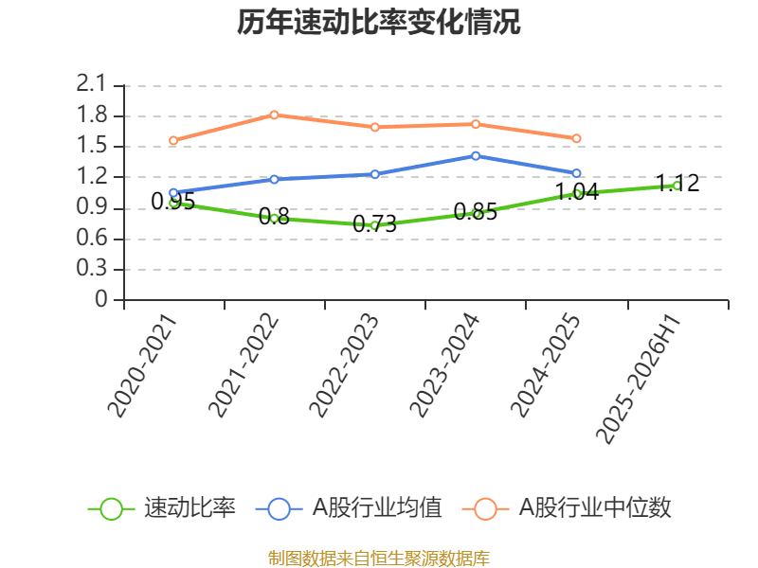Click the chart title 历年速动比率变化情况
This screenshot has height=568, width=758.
point(379,23)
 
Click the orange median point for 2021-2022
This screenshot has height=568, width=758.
point(274,115)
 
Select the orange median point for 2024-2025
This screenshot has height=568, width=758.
point(576,138)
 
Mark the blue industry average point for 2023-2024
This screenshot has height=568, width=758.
point(476,155)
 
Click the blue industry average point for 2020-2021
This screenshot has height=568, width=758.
point(173,192)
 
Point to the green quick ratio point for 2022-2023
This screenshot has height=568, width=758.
point(374,225)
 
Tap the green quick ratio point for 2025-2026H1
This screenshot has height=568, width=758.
point(677,186)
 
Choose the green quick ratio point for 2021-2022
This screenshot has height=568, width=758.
point(274,218)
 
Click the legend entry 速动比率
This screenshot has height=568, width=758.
point(162,508)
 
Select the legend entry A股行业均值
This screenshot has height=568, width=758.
point(350,508)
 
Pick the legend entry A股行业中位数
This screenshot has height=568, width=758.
point(568,508)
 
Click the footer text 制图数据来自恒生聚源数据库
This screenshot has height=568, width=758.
point(379,558)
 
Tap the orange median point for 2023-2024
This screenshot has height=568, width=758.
point(476,124)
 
